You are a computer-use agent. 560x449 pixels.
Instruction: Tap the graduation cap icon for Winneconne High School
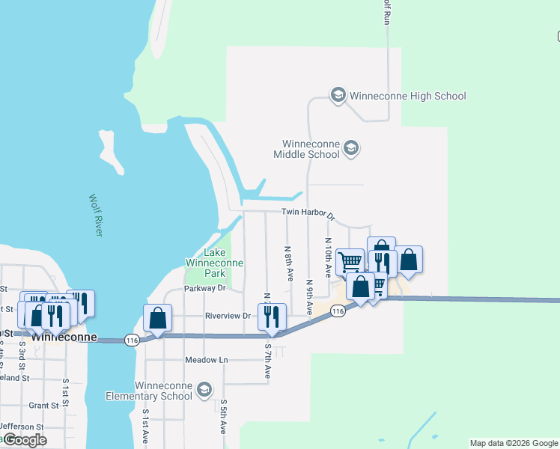pos(338,95)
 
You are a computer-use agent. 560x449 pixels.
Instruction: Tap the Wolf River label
pos(95,216)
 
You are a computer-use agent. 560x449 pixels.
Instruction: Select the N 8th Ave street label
pos(288,263)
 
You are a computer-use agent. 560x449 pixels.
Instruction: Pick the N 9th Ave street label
pos(310,296)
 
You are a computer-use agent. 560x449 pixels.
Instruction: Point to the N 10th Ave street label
pos(328,257)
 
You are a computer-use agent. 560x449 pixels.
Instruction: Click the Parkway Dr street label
pos(205,288)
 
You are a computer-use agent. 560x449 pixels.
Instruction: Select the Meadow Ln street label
pos(206,360)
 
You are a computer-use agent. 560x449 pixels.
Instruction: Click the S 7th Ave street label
pos(267,359)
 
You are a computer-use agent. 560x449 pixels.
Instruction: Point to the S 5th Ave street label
pos(223,416)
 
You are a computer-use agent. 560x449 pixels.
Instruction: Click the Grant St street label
pos(44,406)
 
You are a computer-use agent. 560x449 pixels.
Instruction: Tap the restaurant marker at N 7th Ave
pos(272,317)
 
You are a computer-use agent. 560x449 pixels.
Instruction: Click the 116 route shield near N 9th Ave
pos(338,310)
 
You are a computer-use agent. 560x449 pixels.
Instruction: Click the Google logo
pos(25,440)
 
